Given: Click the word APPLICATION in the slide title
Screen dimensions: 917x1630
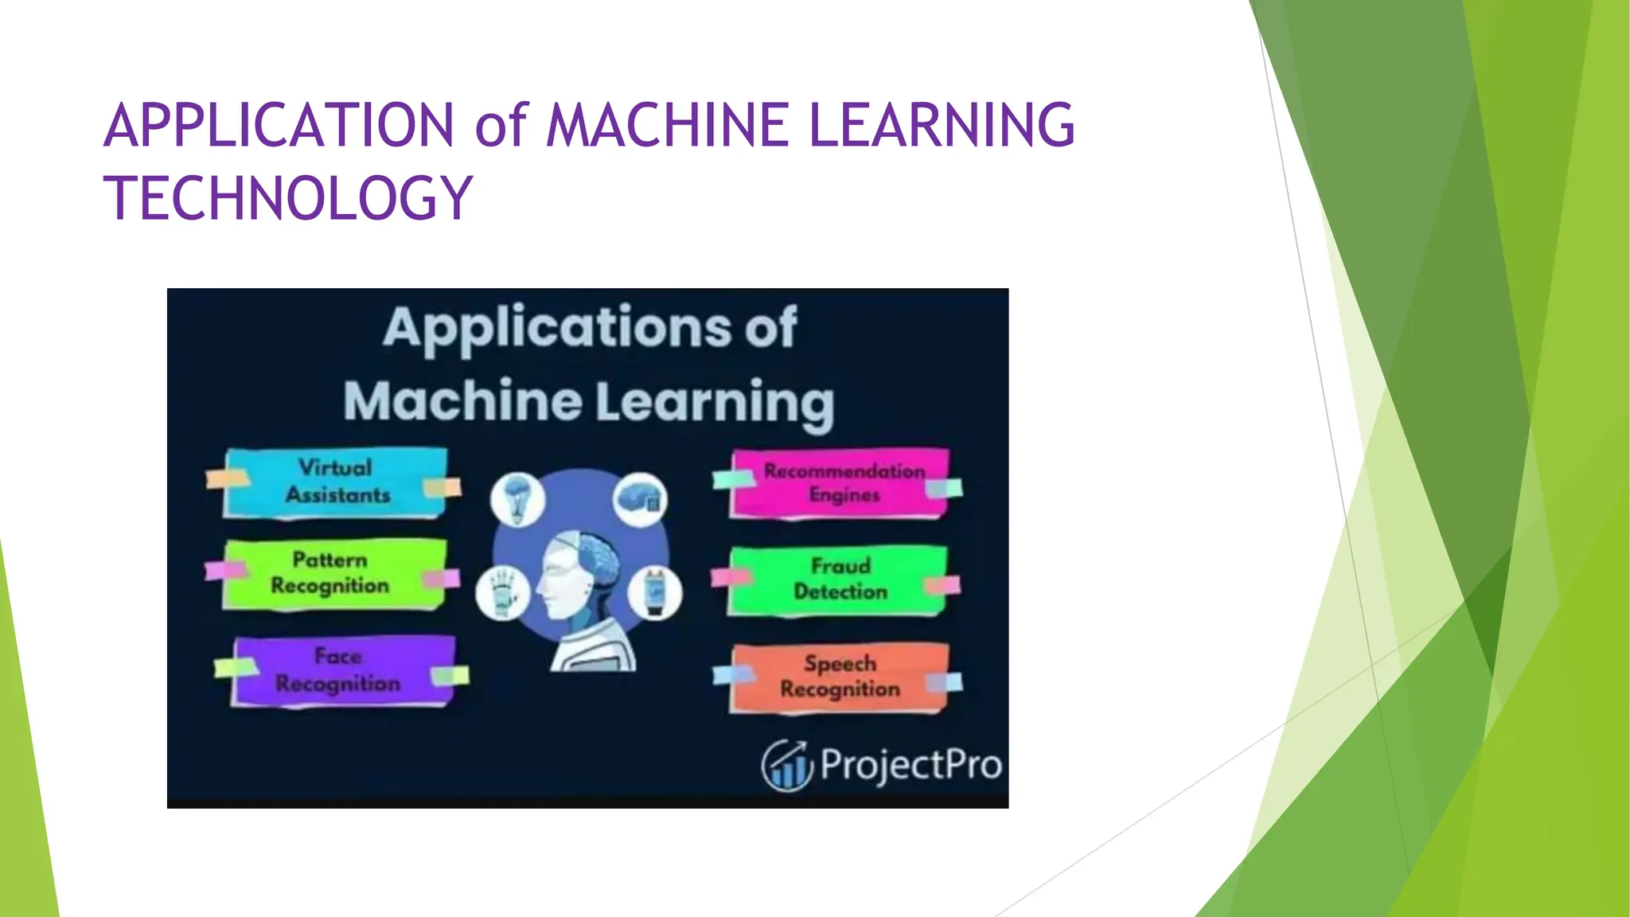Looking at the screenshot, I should tap(279, 126).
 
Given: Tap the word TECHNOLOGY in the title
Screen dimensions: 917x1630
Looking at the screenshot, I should tap(289, 198).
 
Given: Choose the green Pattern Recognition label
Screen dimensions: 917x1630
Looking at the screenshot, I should tap(331, 573).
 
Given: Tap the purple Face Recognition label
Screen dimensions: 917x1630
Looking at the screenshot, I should tap(339, 670).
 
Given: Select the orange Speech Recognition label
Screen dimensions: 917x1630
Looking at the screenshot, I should tap(840, 677).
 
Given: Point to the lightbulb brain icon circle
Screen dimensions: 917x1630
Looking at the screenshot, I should tap(518, 498).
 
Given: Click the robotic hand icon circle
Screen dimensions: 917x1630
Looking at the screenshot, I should tap(502, 594).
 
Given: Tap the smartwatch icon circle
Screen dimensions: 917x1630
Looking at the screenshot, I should tap(654, 593).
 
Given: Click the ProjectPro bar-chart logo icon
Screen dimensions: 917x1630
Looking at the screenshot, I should tap(786, 766).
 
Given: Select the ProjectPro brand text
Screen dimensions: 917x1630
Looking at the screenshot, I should tap(911, 764).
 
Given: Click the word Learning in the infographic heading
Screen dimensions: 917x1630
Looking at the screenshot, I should tap(714, 401).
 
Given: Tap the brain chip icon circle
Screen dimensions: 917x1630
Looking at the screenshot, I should tap(640, 498).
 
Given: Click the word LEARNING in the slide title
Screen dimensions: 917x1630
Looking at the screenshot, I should tap(942, 126).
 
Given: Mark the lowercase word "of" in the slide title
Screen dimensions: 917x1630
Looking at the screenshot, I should tap(501, 126).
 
